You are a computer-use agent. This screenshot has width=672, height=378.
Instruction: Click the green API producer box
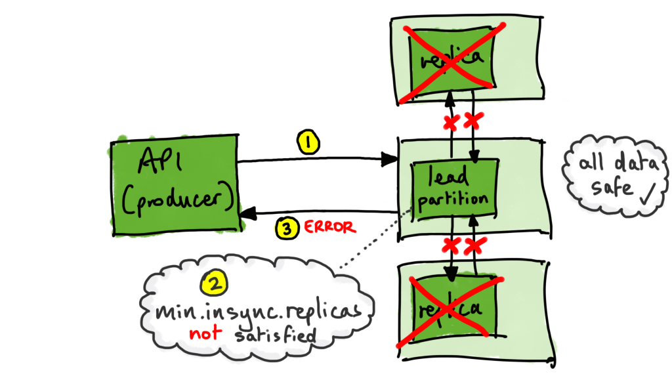coord(173,180)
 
